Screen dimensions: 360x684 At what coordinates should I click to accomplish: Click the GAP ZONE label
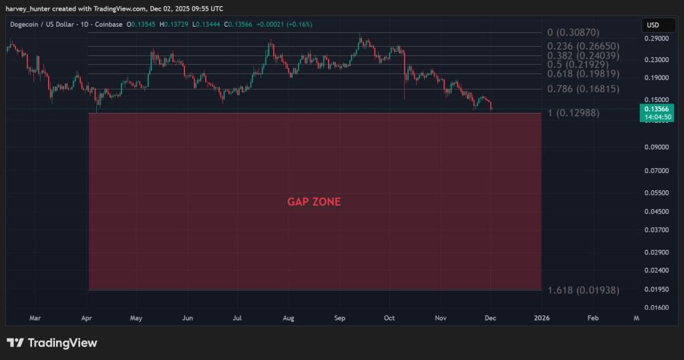pos(314,202)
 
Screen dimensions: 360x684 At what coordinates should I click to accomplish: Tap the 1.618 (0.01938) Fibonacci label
pos(584,291)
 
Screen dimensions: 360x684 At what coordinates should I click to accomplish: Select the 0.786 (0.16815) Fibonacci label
pos(583,89)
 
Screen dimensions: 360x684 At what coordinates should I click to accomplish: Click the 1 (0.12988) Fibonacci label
pos(573,113)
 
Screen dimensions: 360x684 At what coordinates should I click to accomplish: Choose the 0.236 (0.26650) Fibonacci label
pos(583,46)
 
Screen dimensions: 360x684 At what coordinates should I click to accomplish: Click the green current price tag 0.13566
pos(655,109)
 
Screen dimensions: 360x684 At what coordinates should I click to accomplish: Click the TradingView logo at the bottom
pos(52,343)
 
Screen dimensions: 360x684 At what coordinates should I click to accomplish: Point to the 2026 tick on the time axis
pos(542,319)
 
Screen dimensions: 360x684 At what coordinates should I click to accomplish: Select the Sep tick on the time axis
pos(340,319)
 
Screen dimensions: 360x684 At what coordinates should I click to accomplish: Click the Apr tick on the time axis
pos(87,319)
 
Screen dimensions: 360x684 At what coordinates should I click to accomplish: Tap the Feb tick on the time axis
pos(592,319)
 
